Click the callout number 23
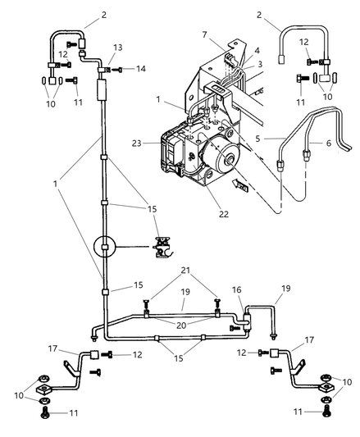[138, 143]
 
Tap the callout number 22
[224, 214]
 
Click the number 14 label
[141, 69]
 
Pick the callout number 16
[237, 290]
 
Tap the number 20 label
[181, 325]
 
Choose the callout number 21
[185, 270]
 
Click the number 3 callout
[260, 64]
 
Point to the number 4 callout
[257, 51]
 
